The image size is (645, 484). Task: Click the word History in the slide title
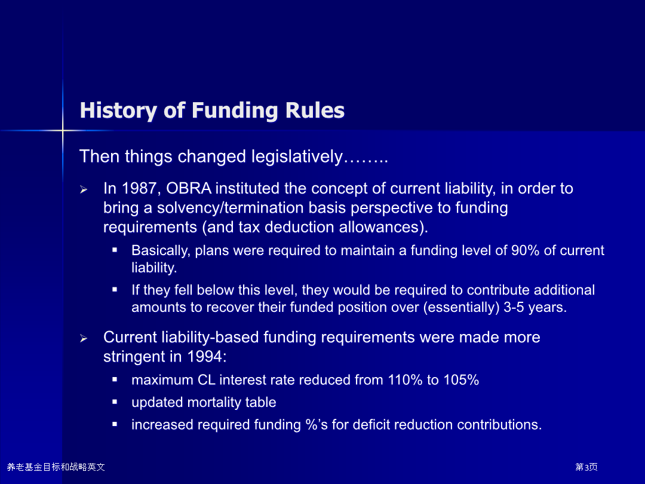[118, 111]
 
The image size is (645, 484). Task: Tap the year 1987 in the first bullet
[139, 188]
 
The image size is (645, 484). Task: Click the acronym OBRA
[188, 188]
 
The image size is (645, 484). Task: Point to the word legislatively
[297, 157]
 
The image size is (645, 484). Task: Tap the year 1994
[204, 356]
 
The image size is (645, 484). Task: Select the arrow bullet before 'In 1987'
[84, 189]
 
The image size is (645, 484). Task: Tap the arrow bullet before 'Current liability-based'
[84, 338]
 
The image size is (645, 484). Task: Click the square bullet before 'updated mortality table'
[115, 402]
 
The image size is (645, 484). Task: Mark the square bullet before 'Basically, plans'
[115, 250]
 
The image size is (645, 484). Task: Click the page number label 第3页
[586, 467]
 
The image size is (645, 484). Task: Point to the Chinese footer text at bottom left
[56, 467]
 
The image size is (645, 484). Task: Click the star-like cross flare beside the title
[63, 130]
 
